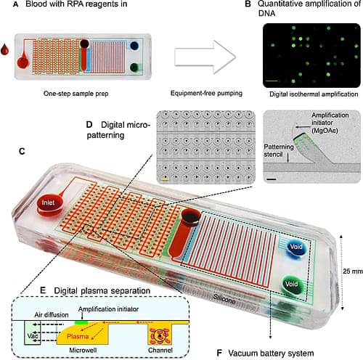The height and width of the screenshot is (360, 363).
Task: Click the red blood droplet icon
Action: (4, 49)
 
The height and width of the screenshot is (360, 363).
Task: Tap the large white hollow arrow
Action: (205, 57)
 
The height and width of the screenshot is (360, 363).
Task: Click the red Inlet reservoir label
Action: (48, 202)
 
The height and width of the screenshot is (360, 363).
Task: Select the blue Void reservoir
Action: (295, 248)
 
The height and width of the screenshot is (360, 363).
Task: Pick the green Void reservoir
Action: (293, 285)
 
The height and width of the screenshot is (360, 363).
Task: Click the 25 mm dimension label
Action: (353, 271)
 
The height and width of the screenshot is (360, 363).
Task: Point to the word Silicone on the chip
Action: (224, 299)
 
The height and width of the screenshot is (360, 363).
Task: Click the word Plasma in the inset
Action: (78, 336)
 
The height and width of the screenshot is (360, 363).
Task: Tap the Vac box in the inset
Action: (33, 332)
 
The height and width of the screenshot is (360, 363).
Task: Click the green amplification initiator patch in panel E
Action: (81, 322)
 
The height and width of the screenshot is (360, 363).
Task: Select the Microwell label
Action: (83, 350)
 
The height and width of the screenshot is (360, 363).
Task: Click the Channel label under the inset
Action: (160, 350)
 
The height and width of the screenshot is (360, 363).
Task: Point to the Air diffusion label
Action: (52, 315)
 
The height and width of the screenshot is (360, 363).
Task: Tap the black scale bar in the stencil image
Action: (272, 179)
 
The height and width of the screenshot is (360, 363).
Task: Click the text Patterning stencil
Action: (279, 150)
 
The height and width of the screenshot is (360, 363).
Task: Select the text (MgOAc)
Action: (325, 131)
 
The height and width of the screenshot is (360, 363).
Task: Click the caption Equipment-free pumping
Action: (206, 93)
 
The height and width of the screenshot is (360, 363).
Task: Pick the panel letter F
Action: (219, 353)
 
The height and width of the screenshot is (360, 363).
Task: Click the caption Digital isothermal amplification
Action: (314, 94)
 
